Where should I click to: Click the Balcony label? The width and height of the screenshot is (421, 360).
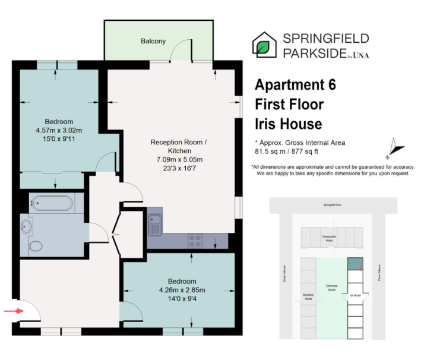[x=153, y=42]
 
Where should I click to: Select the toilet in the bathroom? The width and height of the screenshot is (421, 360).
[x=35, y=244]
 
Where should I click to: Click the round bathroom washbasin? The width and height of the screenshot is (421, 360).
[x=27, y=226]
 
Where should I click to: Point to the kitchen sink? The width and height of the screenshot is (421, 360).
[x=155, y=224]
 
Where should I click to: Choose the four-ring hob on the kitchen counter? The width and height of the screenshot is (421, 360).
[x=194, y=241]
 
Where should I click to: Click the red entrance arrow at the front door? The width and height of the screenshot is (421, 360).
[x=11, y=310]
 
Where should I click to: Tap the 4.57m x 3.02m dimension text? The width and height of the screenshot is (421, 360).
[x=59, y=131]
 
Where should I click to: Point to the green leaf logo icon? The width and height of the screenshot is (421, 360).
[x=264, y=45]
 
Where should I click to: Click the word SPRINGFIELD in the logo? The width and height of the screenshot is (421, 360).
[x=325, y=39]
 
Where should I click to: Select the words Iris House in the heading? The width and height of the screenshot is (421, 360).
[x=288, y=124]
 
